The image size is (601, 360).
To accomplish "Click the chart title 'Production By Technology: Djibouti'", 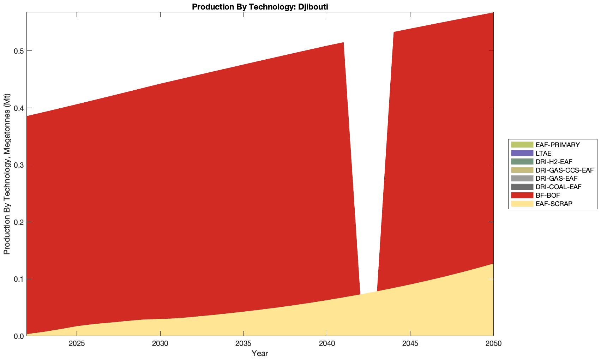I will click(260, 6).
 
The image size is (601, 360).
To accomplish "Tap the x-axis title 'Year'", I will click(260, 353).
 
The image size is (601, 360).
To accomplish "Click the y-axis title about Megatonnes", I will click(7, 174).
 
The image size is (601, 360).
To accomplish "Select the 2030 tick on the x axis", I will click(160, 344).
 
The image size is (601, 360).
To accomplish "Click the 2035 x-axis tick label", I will click(244, 344).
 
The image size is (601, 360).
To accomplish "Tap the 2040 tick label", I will click(327, 344).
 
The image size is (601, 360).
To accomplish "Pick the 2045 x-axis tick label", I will click(410, 344).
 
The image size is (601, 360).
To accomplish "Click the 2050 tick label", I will click(493, 344).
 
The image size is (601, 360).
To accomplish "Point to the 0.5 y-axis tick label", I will click(18, 51).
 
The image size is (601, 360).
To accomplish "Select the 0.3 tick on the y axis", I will click(18, 165).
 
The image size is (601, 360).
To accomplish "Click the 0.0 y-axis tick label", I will click(18, 336).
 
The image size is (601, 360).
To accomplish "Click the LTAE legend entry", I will click(543, 153).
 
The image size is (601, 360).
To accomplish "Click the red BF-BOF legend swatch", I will click(522, 195).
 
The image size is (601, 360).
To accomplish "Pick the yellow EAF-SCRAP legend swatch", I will click(522, 204).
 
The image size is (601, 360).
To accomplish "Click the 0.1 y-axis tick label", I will click(18, 279).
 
